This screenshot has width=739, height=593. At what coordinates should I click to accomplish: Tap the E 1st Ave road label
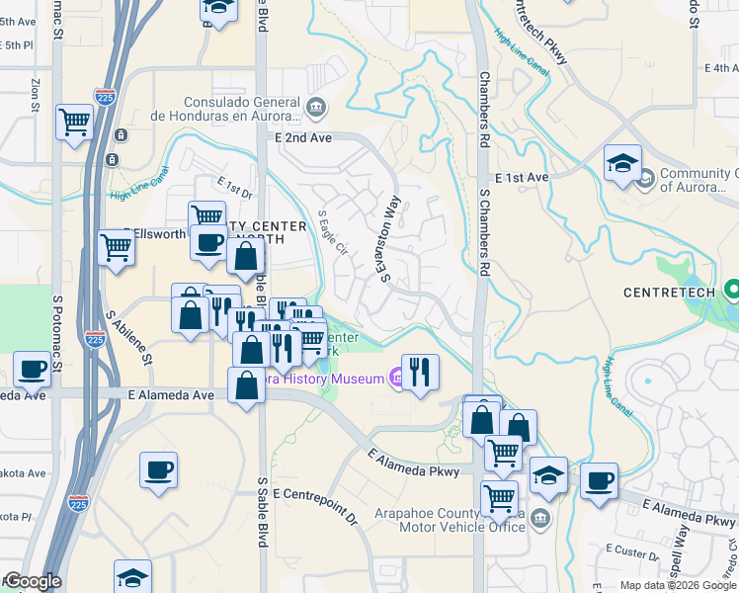point(521,178)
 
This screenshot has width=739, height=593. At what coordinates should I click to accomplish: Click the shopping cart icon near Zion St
point(74,123)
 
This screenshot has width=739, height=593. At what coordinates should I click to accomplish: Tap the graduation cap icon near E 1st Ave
point(622,163)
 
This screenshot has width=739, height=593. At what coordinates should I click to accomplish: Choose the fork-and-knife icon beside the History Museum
point(420,373)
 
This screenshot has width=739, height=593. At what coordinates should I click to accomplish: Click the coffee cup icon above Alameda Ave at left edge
point(32,370)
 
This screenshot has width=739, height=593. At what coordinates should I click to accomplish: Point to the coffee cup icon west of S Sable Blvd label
point(158,469)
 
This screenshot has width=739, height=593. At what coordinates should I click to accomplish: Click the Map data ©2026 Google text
point(678,585)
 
